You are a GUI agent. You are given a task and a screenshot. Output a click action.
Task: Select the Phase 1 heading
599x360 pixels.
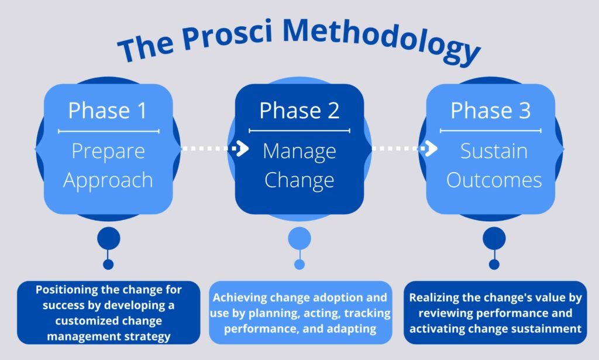[108, 111]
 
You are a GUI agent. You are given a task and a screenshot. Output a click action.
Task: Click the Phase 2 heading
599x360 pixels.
[299, 111]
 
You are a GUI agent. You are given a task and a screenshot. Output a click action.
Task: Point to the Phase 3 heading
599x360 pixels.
[491, 111]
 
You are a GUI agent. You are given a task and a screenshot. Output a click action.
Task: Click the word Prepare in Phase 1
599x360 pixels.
[108, 152]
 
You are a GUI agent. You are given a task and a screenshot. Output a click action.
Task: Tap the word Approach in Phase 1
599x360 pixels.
[108, 180]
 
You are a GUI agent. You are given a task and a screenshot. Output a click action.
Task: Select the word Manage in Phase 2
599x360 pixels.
[299, 152]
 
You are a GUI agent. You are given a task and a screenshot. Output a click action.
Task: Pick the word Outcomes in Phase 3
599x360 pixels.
[494, 180]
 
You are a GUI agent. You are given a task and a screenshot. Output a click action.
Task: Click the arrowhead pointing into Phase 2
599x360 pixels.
[242, 148]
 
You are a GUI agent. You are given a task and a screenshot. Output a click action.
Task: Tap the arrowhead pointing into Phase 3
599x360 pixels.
[431, 148]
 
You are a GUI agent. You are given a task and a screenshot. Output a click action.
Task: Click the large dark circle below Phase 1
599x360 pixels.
[108, 238]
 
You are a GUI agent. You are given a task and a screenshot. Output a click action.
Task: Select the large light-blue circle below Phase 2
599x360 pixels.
[299, 238]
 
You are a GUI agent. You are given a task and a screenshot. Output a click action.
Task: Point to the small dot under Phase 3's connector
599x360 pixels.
[494, 264]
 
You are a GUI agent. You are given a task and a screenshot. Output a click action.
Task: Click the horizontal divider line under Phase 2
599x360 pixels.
[299, 131]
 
